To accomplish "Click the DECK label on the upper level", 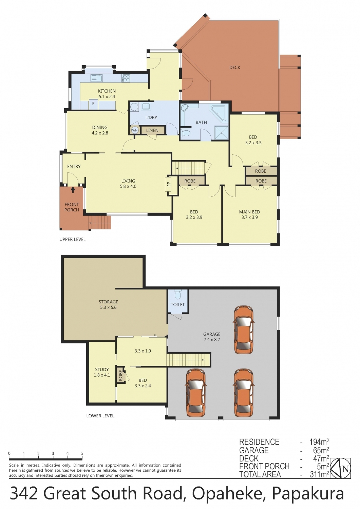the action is coord(234,68).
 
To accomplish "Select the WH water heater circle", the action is coord(135,130).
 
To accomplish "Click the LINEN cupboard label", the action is coord(152,130).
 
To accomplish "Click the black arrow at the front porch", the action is coord(73,189).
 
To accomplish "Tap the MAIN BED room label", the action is coord(249,212).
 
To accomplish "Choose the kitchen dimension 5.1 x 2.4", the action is coord(107,96).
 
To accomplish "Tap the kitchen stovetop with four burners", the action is coord(126,78).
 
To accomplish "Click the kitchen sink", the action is coord(97,78).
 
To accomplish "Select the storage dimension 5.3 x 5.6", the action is coord(108,307).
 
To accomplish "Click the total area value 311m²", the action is coord(319,474).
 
